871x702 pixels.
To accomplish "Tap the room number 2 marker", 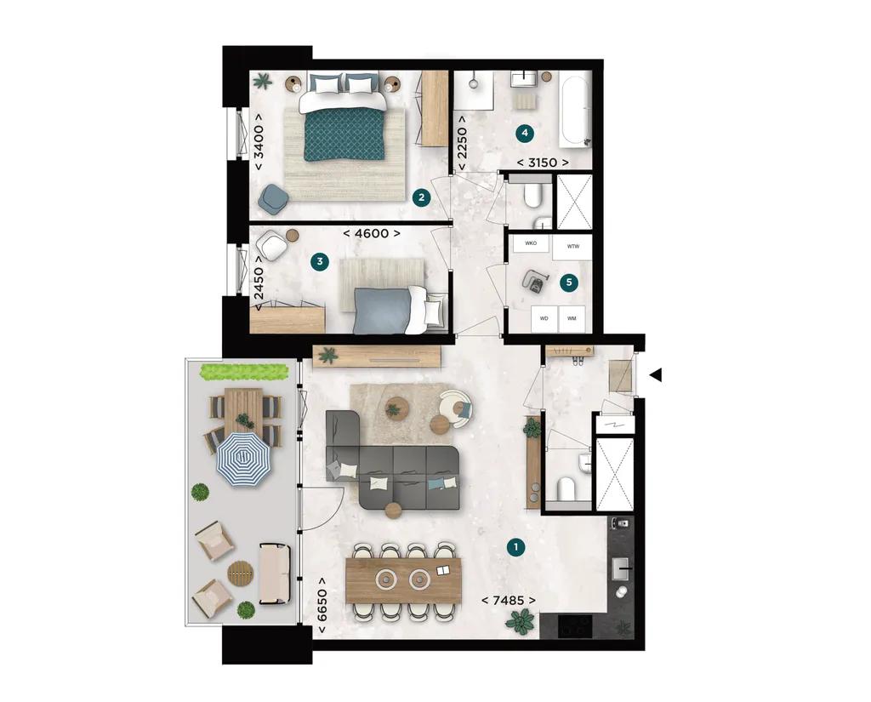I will pyautogui.click(x=419, y=197).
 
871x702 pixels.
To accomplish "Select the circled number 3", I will pyautogui.click(x=319, y=262).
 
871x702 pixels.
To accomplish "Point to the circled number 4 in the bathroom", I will pyautogui.click(x=525, y=133).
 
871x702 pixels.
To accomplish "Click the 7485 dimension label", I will pyautogui.click(x=509, y=601).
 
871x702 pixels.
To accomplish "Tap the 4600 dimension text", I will pyautogui.click(x=371, y=232).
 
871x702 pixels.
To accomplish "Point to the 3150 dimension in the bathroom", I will pyautogui.click(x=543, y=162).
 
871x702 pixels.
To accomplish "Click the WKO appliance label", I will pyautogui.click(x=531, y=243).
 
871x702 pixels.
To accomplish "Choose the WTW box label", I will pyautogui.click(x=572, y=247).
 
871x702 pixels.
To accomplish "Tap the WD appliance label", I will pyautogui.click(x=543, y=319).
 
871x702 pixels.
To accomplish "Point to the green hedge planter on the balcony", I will pyautogui.click(x=239, y=372).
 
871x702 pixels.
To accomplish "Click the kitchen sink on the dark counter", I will pyautogui.click(x=621, y=565).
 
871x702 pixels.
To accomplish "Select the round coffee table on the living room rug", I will pyautogui.click(x=396, y=407).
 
